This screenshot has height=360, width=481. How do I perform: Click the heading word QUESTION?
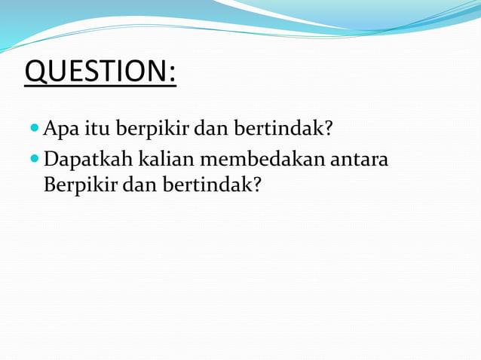(95, 72)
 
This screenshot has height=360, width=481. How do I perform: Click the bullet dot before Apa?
(35, 129)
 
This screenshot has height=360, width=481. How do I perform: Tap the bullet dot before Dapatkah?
(35, 159)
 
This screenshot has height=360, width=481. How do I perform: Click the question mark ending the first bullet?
(328, 129)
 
